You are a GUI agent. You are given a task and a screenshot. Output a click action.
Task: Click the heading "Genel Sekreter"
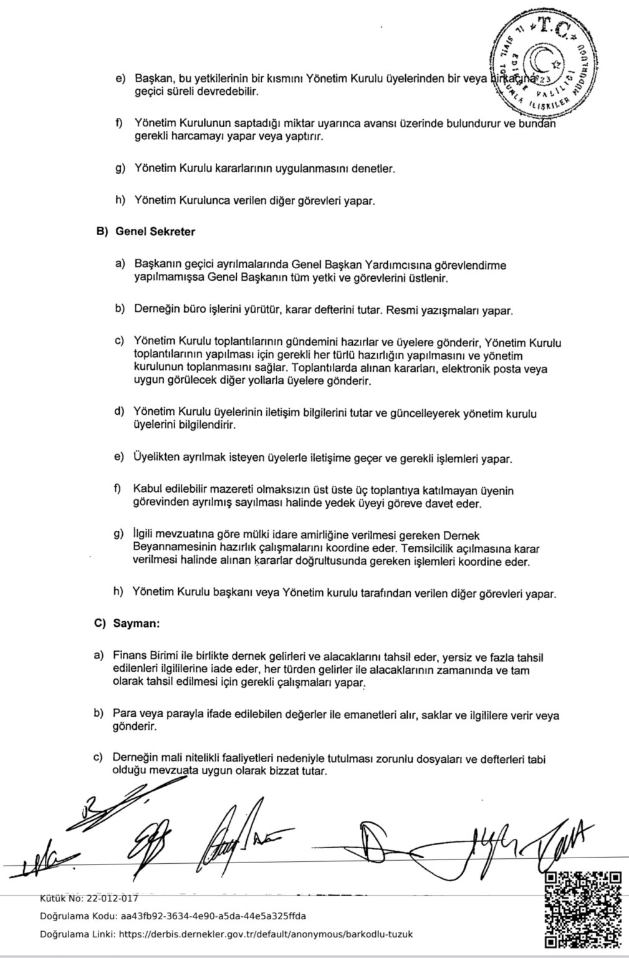click(x=155, y=231)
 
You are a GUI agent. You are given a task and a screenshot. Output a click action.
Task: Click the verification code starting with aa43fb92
click(x=213, y=916)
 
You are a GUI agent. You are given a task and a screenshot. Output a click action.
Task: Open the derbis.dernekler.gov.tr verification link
click(x=265, y=934)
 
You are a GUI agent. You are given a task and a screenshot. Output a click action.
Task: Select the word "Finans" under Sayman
click(x=129, y=656)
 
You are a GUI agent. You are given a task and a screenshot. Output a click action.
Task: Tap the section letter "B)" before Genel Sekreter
click(x=102, y=231)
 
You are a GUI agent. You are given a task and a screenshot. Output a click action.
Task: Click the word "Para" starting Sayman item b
click(x=123, y=714)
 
